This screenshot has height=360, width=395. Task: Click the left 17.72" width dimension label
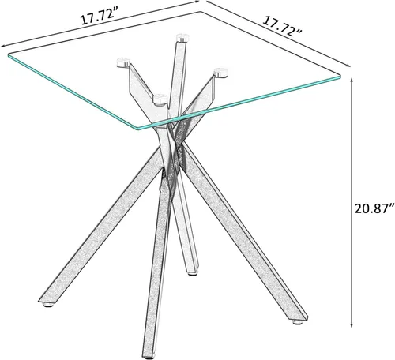click(97, 17)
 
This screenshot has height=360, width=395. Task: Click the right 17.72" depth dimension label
click(282, 26)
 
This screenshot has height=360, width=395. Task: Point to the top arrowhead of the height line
click(352, 81)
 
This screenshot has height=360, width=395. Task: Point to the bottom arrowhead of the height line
click(352, 325)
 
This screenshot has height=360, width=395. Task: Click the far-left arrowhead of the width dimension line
click(3, 46)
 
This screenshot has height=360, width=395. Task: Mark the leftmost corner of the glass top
click(8, 55)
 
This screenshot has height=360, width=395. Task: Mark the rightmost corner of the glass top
click(340, 77)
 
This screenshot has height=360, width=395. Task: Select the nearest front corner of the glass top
click(138, 129)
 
